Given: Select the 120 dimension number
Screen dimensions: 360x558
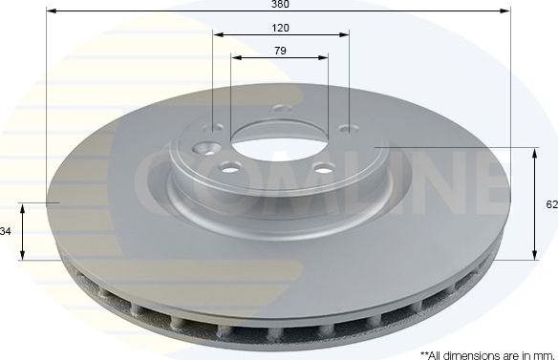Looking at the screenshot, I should click(x=280, y=28).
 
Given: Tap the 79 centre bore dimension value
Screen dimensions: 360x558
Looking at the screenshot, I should click(x=280, y=50).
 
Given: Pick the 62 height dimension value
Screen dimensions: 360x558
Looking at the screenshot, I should click(x=551, y=204).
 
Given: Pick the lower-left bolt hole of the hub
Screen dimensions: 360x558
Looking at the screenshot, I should click(x=229, y=168).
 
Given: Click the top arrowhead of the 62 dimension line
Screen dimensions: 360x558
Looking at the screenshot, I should click(x=534, y=152).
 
